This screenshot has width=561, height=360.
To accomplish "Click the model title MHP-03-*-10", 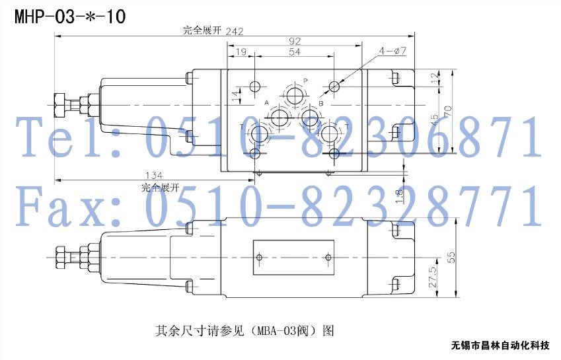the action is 70,17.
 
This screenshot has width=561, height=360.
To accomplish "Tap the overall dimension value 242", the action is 235,31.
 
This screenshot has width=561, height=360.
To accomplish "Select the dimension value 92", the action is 294,41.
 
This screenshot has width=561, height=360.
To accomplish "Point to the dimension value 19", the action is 241,52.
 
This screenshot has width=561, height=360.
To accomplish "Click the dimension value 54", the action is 295,52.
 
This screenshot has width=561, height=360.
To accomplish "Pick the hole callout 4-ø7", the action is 393,51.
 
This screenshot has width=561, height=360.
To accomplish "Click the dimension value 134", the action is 153,175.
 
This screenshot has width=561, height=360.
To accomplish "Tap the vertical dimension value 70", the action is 447,111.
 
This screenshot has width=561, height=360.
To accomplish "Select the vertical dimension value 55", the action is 451,258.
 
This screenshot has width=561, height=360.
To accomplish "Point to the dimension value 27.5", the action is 433,277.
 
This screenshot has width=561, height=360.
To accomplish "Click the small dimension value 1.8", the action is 399,197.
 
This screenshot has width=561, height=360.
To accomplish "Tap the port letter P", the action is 305,81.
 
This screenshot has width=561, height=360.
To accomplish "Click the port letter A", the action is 266,102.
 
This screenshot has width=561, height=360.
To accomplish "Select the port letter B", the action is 321,103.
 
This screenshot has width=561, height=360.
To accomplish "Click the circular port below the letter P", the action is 295,94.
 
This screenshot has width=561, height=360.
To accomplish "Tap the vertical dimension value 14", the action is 236,96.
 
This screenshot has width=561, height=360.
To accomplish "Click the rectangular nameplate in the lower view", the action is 294,258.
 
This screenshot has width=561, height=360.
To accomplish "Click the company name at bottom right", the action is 500,345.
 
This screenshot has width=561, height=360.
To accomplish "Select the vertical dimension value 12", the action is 434,77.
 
